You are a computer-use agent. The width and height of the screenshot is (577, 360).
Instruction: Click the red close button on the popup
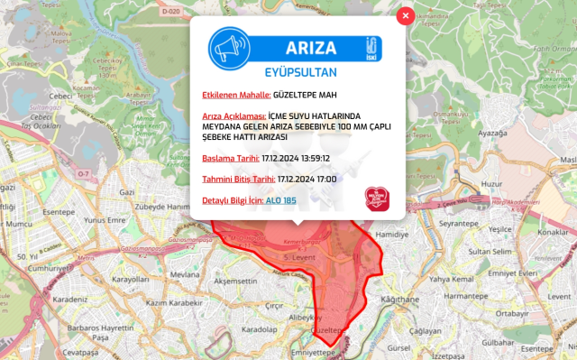406,15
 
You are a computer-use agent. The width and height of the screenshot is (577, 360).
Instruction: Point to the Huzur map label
490,183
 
